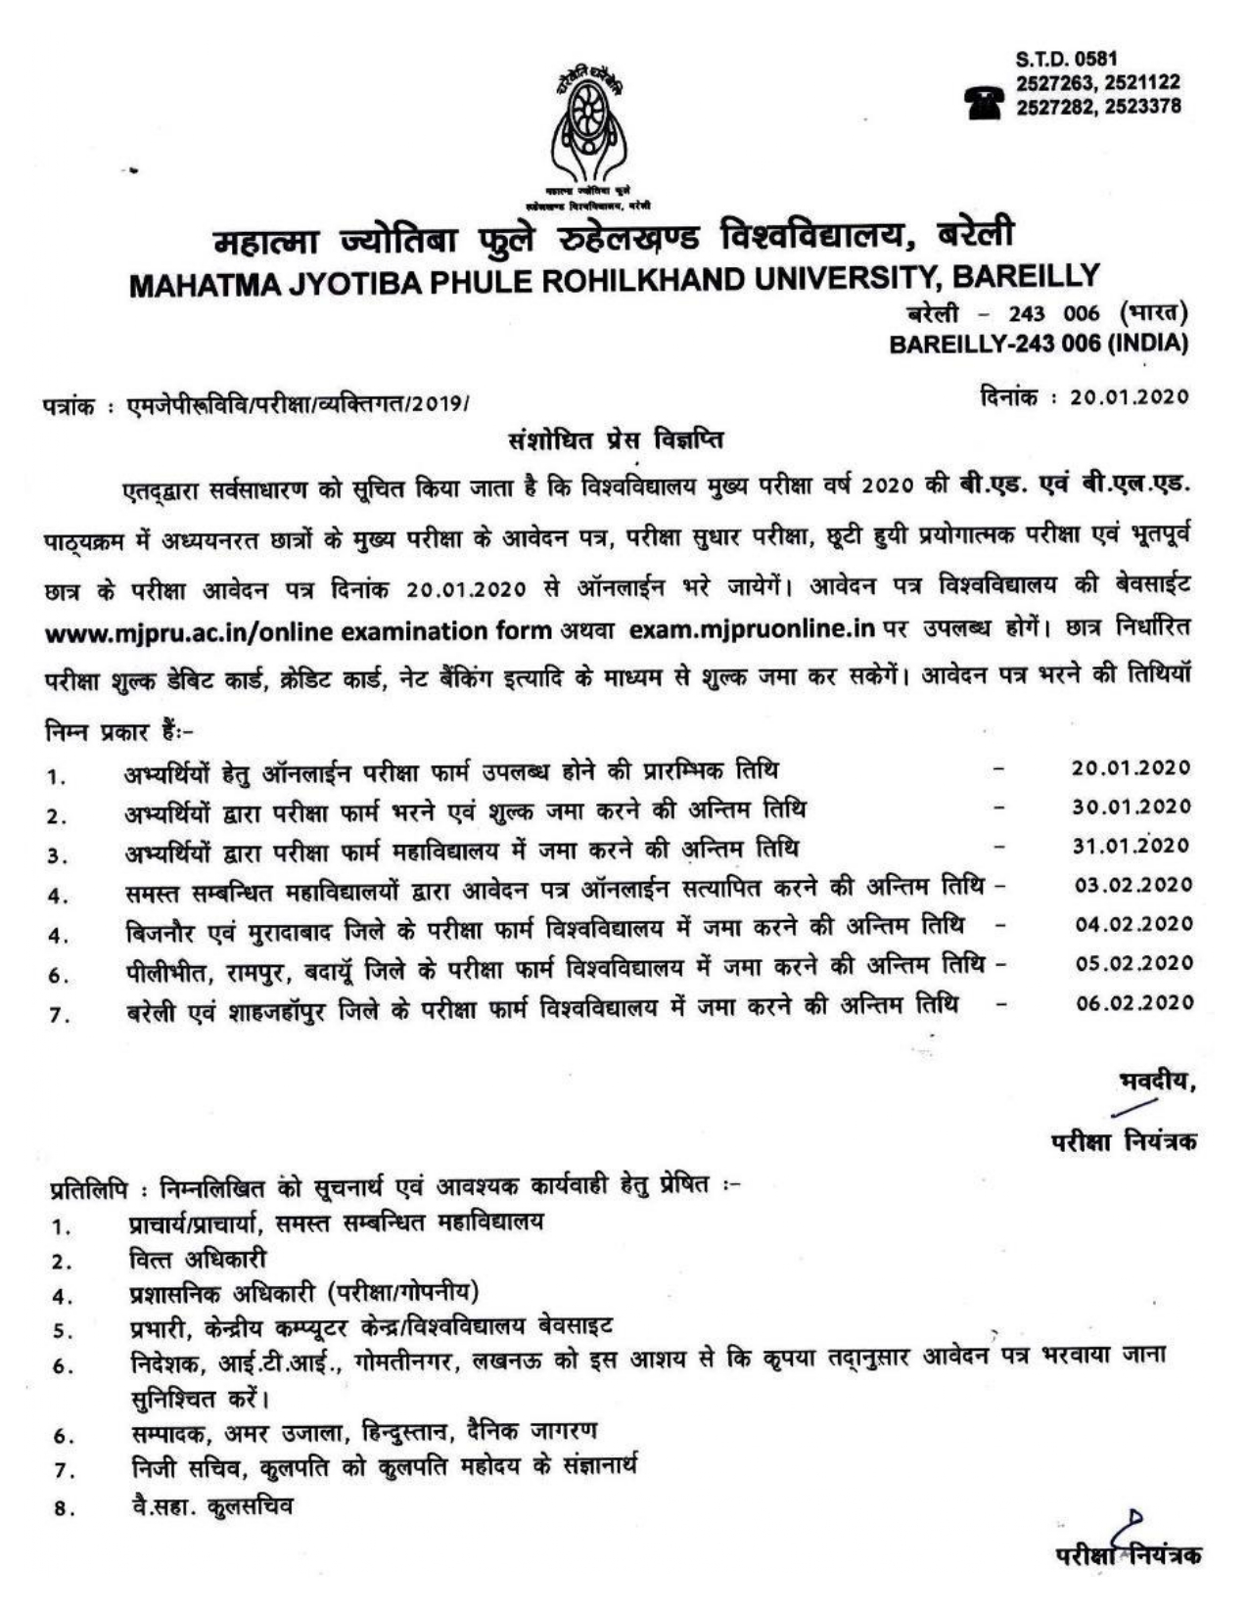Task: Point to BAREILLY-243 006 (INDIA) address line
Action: coord(1038,345)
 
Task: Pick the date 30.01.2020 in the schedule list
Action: coord(1131,807)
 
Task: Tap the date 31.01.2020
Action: coord(1131,846)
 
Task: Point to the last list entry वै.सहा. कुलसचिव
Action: coord(209,1505)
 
